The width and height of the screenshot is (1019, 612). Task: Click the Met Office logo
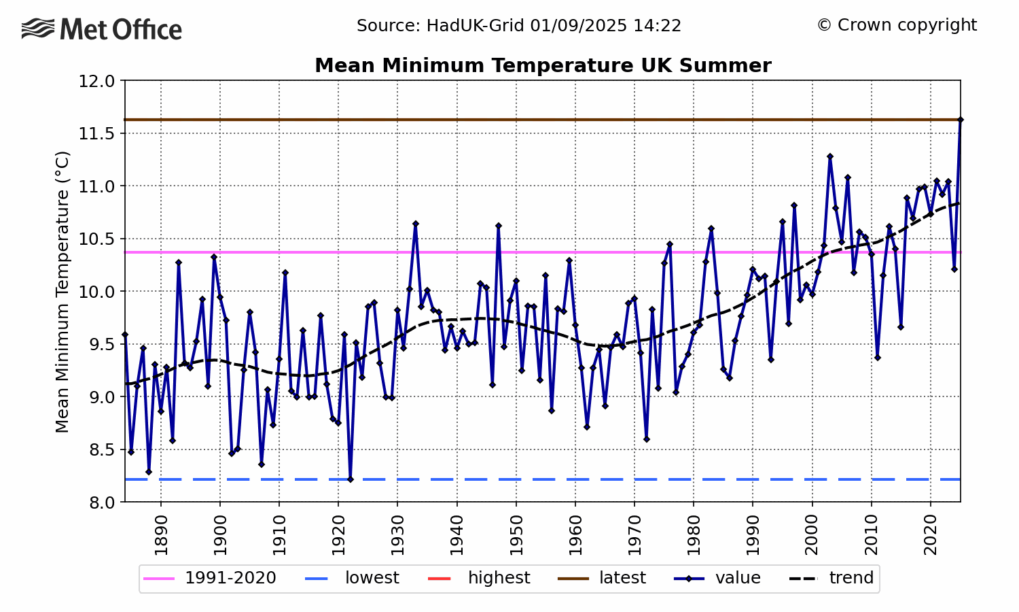(x=102, y=29)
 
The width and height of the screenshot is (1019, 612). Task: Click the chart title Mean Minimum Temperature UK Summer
(x=542, y=65)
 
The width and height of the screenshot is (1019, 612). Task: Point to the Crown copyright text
(x=897, y=25)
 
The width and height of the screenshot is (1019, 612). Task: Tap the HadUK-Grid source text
(x=519, y=26)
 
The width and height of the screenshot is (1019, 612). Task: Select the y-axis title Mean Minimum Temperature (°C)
(x=62, y=291)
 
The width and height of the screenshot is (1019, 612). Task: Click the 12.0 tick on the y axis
(x=97, y=81)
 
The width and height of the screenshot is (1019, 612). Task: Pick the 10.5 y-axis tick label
(x=97, y=239)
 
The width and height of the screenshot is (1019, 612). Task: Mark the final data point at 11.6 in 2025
(x=960, y=120)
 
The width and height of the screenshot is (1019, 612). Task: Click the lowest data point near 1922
(x=351, y=479)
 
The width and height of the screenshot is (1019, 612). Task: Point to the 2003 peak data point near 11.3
(x=830, y=156)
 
